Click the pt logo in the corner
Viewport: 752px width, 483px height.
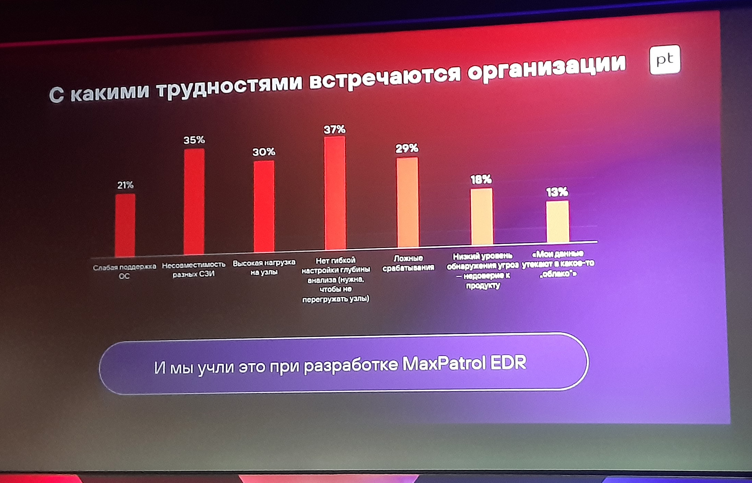665,60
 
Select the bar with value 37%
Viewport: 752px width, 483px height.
335,193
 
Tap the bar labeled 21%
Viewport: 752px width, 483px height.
125,225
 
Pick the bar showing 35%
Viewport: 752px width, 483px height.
194,202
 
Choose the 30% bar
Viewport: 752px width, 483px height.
264,206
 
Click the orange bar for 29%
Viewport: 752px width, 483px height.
408,202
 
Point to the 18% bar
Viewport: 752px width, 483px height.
482,216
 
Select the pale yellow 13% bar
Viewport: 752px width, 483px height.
557,221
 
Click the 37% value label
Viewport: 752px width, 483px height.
334,130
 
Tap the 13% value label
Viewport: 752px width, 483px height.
557,192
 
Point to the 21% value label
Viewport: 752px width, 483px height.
125,185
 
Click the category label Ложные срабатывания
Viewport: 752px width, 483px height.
408,263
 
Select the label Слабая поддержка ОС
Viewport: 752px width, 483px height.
125,271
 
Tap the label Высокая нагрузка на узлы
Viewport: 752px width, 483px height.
264,267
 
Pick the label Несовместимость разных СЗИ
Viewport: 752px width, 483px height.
194,269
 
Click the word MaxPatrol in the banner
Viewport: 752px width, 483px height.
444,363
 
